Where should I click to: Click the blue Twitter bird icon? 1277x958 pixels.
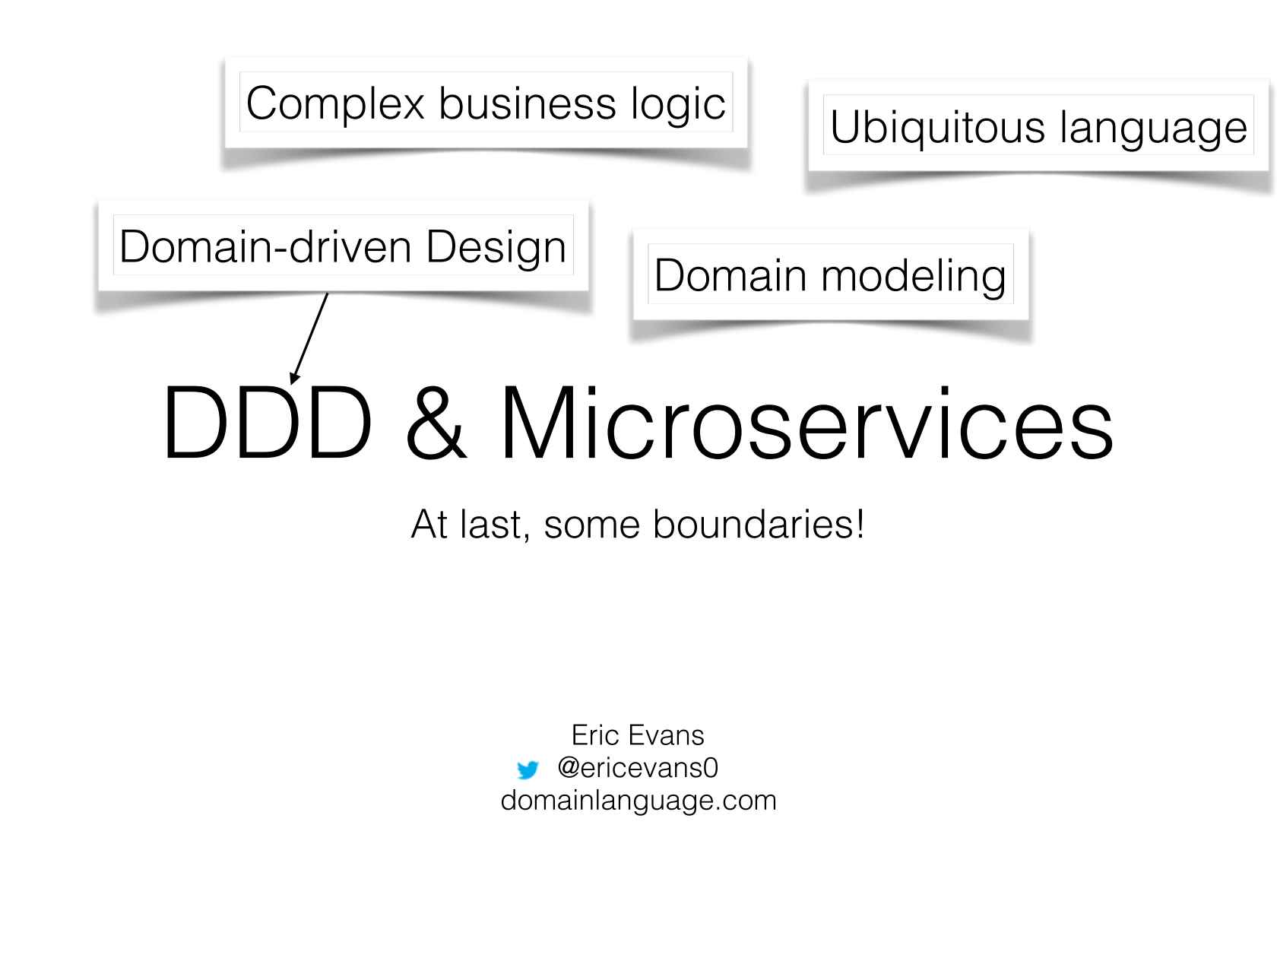point(527,770)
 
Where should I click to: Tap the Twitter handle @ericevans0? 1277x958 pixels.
point(637,768)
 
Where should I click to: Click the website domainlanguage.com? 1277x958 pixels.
point(638,801)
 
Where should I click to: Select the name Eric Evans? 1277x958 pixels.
point(638,735)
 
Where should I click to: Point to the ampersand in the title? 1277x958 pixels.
point(436,423)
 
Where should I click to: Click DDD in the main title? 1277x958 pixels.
point(266,423)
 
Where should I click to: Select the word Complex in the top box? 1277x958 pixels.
point(334,103)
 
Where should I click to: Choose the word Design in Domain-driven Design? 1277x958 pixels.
point(496,247)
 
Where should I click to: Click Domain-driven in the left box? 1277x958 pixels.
point(268,247)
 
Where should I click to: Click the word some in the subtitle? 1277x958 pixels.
point(592,525)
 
